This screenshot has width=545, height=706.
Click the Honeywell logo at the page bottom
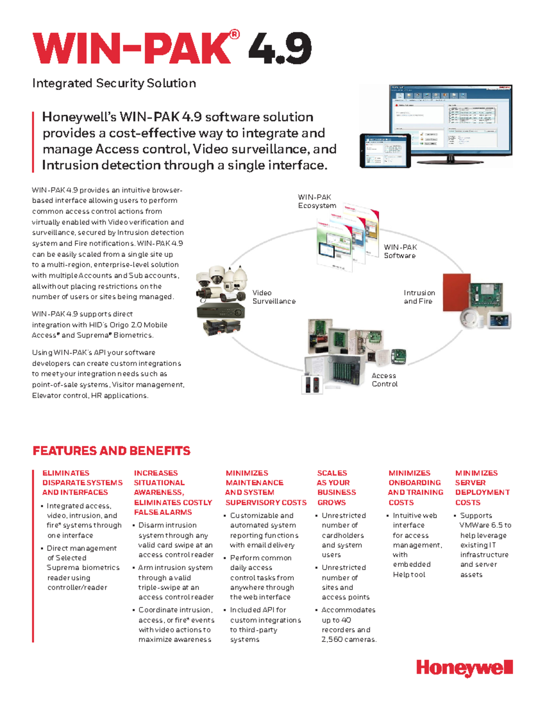[x=464, y=668]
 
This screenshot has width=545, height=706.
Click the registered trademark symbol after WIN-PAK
[x=234, y=35]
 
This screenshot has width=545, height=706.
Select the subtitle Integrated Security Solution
[x=114, y=83]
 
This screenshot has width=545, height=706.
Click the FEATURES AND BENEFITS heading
[x=111, y=451]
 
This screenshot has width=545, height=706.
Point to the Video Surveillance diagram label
[x=274, y=297]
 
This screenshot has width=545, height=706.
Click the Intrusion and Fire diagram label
[x=419, y=297]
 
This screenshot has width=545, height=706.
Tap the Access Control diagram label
[x=385, y=380]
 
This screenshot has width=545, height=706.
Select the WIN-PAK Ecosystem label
[x=317, y=201]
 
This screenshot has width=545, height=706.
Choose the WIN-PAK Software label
[x=400, y=251]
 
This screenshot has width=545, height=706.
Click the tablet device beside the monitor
[x=385, y=150]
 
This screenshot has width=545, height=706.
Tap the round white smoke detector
[x=472, y=318]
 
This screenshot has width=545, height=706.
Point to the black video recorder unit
[x=220, y=311]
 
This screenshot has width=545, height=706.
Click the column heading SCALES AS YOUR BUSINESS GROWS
[x=336, y=488]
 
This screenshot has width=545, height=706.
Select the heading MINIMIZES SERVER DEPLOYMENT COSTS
[x=482, y=488]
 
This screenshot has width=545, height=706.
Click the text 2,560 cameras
[x=349, y=639]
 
